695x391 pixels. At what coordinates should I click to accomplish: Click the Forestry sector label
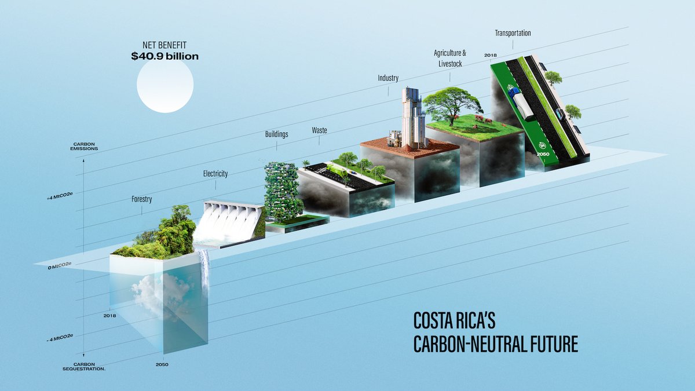(x=142, y=199)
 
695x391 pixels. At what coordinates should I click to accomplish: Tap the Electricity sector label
(x=215, y=173)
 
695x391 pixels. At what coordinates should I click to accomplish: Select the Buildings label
(x=276, y=134)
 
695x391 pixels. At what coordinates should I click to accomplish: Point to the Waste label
(x=319, y=130)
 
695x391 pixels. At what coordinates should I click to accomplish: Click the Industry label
(x=388, y=78)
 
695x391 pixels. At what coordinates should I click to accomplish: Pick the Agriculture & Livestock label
(x=450, y=58)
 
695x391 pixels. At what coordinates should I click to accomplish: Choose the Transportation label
(x=513, y=33)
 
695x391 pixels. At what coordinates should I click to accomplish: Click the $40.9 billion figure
(x=164, y=56)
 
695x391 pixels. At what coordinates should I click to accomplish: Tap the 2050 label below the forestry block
(x=162, y=364)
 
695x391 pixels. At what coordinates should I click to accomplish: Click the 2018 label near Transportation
(x=491, y=55)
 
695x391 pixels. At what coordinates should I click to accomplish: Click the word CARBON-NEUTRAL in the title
(x=469, y=344)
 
